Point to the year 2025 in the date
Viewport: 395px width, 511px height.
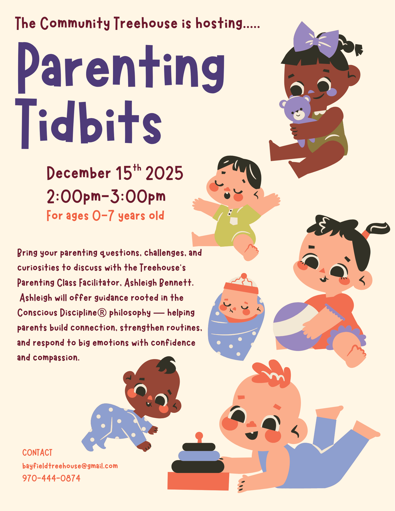click(164, 173)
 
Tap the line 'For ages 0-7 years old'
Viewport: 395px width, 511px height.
click(105, 216)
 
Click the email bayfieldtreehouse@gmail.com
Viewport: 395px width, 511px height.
click(70, 466)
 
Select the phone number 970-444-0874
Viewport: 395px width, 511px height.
click(51, 478)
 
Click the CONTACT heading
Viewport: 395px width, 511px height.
click(37, 453)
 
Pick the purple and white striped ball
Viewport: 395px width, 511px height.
click(295, 326)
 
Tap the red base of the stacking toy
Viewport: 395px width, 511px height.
click(198, 481)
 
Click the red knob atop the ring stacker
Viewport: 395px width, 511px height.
click(199, 436)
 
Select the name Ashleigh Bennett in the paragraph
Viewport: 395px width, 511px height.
click(159, 283)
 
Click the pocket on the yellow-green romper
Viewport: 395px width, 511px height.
click(233, 221)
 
